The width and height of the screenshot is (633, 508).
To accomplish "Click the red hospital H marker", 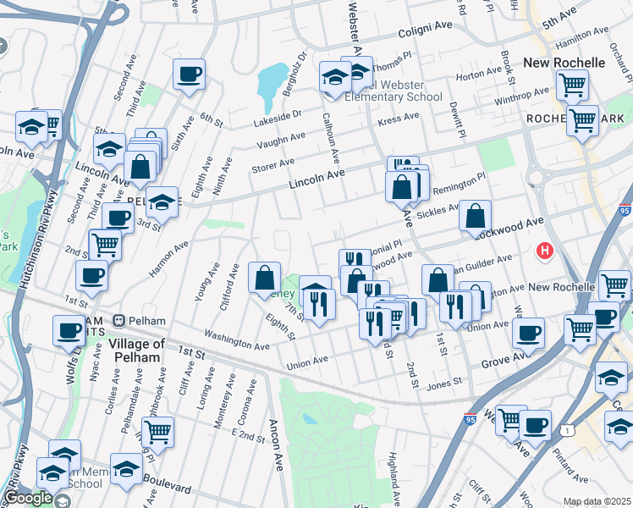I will click(x=546, y=251).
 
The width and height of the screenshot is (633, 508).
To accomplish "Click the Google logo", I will click(x=28, y=498).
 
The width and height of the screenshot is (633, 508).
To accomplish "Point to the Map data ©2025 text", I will click(x=596, y=501).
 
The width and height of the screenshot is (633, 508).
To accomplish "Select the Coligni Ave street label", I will click(x=427, y=36).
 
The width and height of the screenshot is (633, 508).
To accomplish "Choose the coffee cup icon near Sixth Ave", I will click(x=189, y=74).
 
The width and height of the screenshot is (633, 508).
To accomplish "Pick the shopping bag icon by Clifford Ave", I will click(x=265, y=276).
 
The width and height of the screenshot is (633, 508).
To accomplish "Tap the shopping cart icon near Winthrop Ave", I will click(x=573, y=85).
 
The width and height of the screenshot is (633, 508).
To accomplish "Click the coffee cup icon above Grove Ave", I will click(x=529, y=332).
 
